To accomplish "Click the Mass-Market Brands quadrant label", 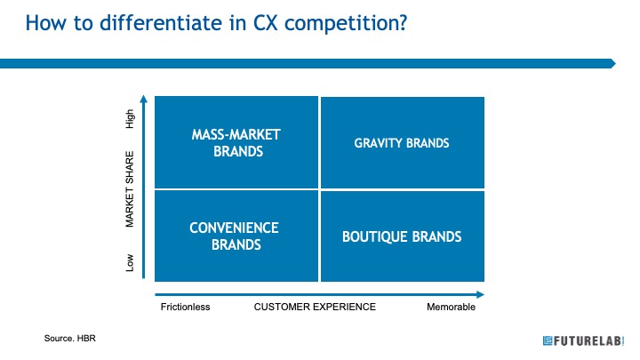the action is [x=236, y=143].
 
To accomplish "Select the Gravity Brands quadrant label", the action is [x=402, y=143].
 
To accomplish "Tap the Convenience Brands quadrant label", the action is [x=235, y=236].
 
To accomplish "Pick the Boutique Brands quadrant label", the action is [x=402, y=236].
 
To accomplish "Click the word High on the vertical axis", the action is [x=130, y=119].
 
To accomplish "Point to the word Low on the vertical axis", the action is [x=130, y=262].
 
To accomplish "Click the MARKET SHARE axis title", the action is [x=130, y=189].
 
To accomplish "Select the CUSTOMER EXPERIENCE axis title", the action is [x=315, y=307].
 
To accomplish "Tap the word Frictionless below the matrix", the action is [x=185, y=307].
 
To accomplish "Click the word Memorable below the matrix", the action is [x=451, y=307].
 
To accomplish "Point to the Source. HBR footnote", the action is [x=70, y=339].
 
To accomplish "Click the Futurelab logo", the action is [x=583, y=340].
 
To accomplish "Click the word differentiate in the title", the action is [x=161, y=22].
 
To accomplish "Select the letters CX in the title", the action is [x=265, y=23].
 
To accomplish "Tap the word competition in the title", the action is [x=341, y=24].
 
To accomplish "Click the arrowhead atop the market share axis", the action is [x=144, y=99].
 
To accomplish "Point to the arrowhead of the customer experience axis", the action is [x=480, y=295].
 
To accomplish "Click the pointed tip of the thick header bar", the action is [x=615, y=63].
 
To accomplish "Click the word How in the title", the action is [x=45, y=23].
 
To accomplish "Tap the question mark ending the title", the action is [x=404, y=23].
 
